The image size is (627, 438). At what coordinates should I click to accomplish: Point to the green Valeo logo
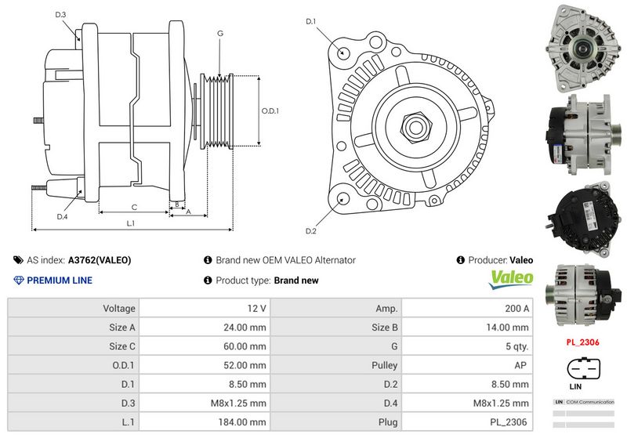[x=511, y=278]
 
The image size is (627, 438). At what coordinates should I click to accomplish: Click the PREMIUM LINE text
[x=59, y=281]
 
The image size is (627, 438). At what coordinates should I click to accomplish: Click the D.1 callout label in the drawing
[x=311, y=22]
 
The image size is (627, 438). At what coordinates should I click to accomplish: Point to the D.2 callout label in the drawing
[x=311, y=230]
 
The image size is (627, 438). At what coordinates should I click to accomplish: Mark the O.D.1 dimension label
[x=270, y=111]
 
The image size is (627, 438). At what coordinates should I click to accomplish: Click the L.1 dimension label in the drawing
[x=131, y=223]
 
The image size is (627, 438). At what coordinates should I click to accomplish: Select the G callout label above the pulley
[x=220, y=34]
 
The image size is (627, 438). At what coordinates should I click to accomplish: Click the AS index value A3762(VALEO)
[x=100, y=260]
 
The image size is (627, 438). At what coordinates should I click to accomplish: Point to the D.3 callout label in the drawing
[x=61, y=14]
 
